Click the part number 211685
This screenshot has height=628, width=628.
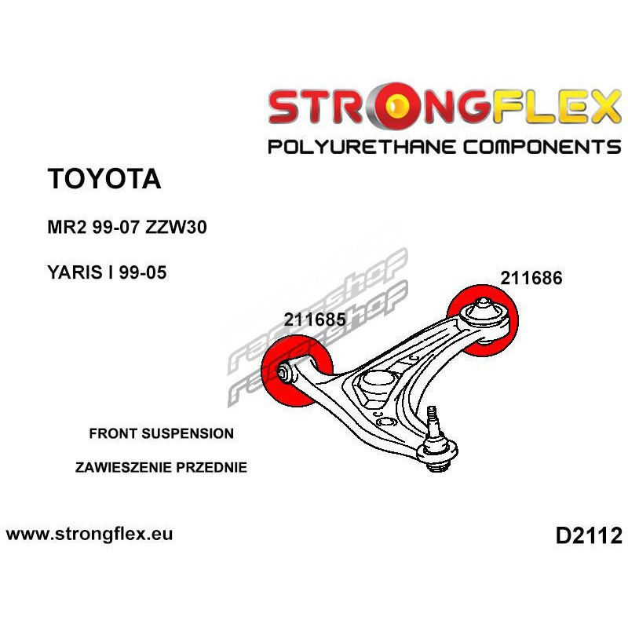point(315,319)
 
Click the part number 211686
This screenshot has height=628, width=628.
point(531,278)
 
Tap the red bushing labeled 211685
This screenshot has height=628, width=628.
point(297,371)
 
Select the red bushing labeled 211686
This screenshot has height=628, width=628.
point(483,320)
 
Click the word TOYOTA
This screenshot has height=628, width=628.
point(104,179)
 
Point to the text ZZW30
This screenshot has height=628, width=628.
point(176,227)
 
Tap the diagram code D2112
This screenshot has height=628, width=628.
point(589,536)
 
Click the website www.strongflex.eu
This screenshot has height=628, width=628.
point(89,534)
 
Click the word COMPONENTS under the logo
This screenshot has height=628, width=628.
point(542,147)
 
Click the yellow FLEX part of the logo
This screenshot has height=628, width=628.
point(557,107)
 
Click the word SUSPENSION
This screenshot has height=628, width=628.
point(188,433)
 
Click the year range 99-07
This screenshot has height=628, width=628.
point(115,227)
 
